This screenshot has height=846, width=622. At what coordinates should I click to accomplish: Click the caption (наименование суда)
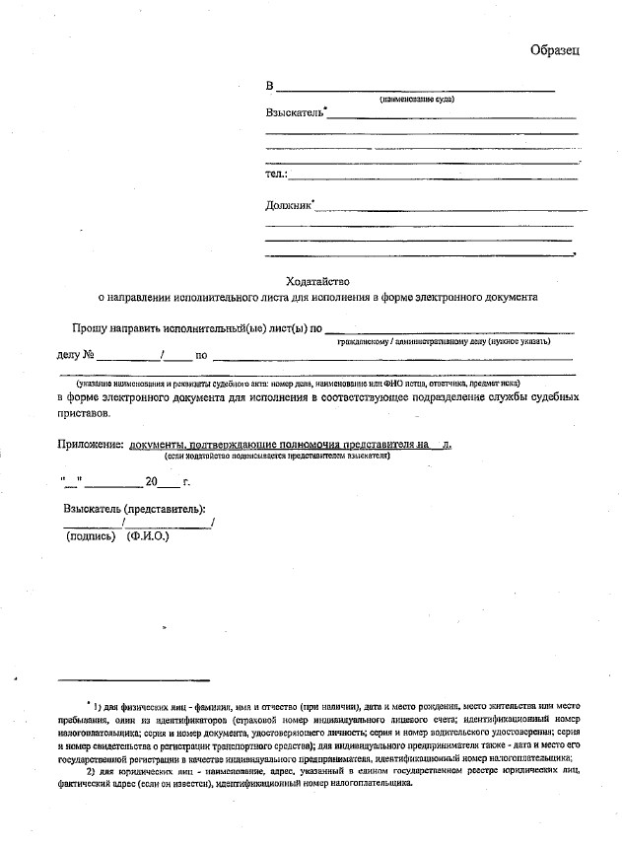coord(417,100)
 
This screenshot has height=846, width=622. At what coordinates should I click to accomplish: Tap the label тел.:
coord(276,175)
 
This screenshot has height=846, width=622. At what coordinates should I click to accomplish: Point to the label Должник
coord(287,206)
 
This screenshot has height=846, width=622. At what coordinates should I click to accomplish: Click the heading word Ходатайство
coord(317,281)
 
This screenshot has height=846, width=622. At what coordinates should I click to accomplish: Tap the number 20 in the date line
coord(151,482)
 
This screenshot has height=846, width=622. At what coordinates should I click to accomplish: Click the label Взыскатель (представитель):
coord(134,509)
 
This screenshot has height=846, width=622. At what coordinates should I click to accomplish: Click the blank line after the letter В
coord(414,90)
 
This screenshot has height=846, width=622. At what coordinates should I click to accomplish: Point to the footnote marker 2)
coord(92,771)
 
